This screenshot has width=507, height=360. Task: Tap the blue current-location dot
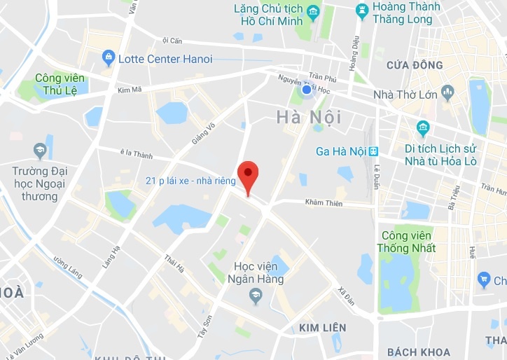[306, 90]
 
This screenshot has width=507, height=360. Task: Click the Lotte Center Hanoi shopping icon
[109, 57]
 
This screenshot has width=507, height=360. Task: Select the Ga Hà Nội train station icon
[373, 151]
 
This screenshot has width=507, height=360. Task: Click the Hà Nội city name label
[309, 116]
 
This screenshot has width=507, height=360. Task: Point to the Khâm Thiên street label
[323, 202]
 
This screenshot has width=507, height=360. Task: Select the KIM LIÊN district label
[322, 327]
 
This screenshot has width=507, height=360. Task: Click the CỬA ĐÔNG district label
[414, 65]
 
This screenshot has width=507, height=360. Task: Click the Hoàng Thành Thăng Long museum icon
[361, 10]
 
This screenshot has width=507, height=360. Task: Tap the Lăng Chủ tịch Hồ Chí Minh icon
[312, 12]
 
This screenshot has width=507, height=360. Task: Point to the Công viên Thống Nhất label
[406, 242]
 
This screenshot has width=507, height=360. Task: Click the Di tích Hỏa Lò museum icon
[423, 127]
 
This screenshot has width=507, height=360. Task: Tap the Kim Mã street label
[130, 90]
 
